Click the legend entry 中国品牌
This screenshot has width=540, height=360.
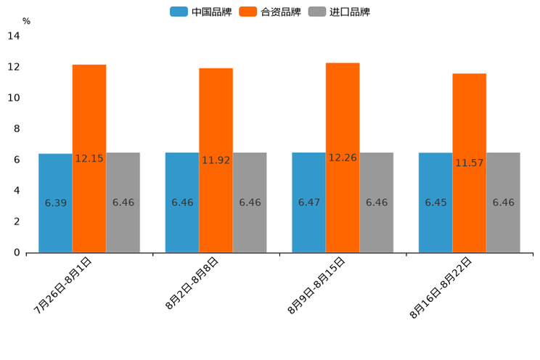[201, 12]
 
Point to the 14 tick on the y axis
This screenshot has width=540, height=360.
[14, 36]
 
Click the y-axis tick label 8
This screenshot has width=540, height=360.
[17, 129]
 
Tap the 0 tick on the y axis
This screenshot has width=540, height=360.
[17, 253]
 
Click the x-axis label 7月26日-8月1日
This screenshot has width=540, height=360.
[63, 285]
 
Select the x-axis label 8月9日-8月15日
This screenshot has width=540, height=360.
[316, 285]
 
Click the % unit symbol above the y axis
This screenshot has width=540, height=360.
[26, 21]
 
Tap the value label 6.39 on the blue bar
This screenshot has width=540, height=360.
[55, 203]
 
